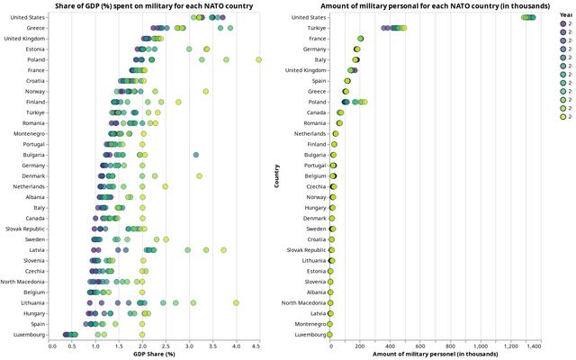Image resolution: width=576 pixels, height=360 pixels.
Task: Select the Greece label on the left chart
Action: click(x=37, y=28)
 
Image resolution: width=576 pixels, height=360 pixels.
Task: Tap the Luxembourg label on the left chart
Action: click(x=31, y=334)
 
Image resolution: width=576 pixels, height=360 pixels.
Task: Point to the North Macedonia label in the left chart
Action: click(x=24, y=281)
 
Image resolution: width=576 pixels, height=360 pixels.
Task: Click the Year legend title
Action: click(x=565, y=15)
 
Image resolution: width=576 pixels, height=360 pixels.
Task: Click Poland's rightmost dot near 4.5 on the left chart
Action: click(x=258, y=59)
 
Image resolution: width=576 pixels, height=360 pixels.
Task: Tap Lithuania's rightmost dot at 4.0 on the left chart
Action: click(x=236, y=302)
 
